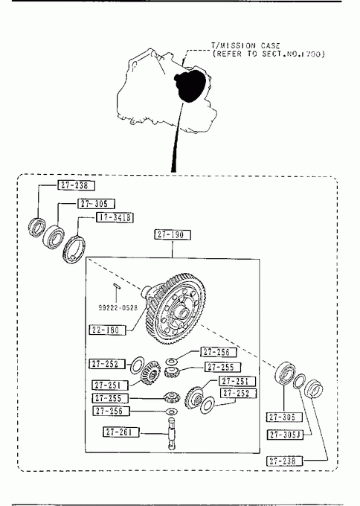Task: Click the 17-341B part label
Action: click(x=115, y=217)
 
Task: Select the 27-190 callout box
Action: click(x=173, y=234)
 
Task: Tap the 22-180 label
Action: click(x=107, y=330)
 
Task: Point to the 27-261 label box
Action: click(x=121, y=432)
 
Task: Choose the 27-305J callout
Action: click(x=285, y=435)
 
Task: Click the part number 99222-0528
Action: click(x=118, y=307)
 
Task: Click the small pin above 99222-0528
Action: click(x=117, y=286)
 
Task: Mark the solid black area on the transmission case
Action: click(x=190, y=86)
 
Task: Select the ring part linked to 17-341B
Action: click(x=74, y=249)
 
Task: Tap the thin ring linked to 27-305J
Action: click(x=299, y=381)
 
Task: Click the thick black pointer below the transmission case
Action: click(x=178, y=137)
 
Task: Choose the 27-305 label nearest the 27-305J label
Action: click(x=285, y=417)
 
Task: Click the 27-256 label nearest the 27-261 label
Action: click(x=112, y=411)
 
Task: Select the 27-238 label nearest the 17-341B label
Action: click(x=77, y=185)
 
